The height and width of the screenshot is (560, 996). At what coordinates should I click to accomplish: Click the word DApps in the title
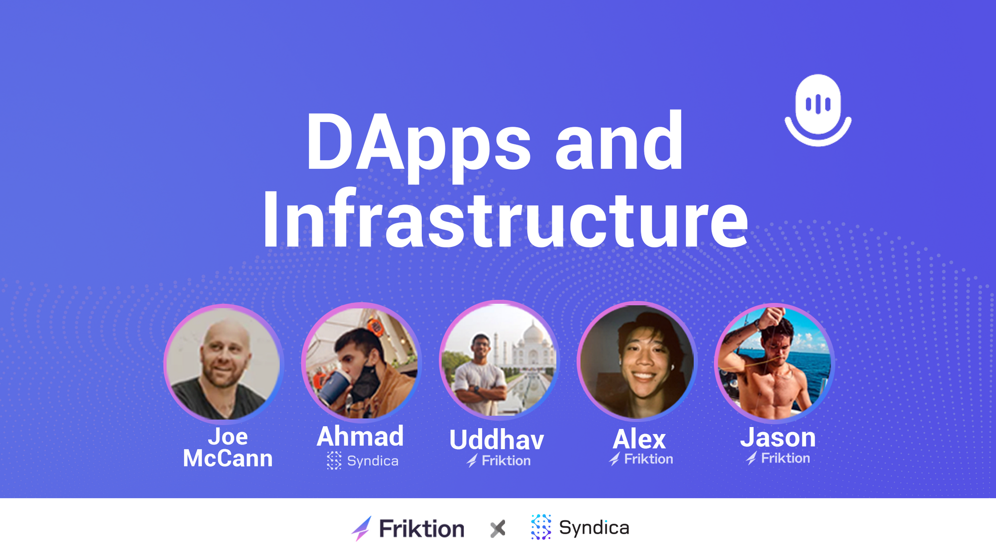point(419,144)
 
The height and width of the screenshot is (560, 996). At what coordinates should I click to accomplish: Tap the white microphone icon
point(818,110)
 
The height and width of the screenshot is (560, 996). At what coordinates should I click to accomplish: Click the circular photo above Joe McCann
point(223,363)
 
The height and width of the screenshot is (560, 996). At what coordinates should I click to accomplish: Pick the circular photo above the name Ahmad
point(361,362)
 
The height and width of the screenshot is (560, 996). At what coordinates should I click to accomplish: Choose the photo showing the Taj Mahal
point(498,360)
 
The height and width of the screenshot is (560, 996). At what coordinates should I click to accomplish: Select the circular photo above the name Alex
point(636,361)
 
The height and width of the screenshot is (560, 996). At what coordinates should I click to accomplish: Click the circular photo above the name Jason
point(774,362)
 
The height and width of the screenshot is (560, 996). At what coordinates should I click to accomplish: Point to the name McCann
point(228,458)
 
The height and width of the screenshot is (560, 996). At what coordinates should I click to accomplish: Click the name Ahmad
point(360,437)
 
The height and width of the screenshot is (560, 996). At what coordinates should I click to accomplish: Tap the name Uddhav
point(497,440)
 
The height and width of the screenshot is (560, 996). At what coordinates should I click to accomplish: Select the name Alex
point(639,439)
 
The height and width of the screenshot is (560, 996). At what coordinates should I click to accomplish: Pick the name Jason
point(778,438)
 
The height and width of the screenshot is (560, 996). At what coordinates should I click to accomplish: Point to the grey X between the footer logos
point(498,529)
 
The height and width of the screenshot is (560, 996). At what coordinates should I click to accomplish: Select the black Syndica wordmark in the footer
point(594,528)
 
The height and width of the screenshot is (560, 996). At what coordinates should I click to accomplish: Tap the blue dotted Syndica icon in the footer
point(541,527)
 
